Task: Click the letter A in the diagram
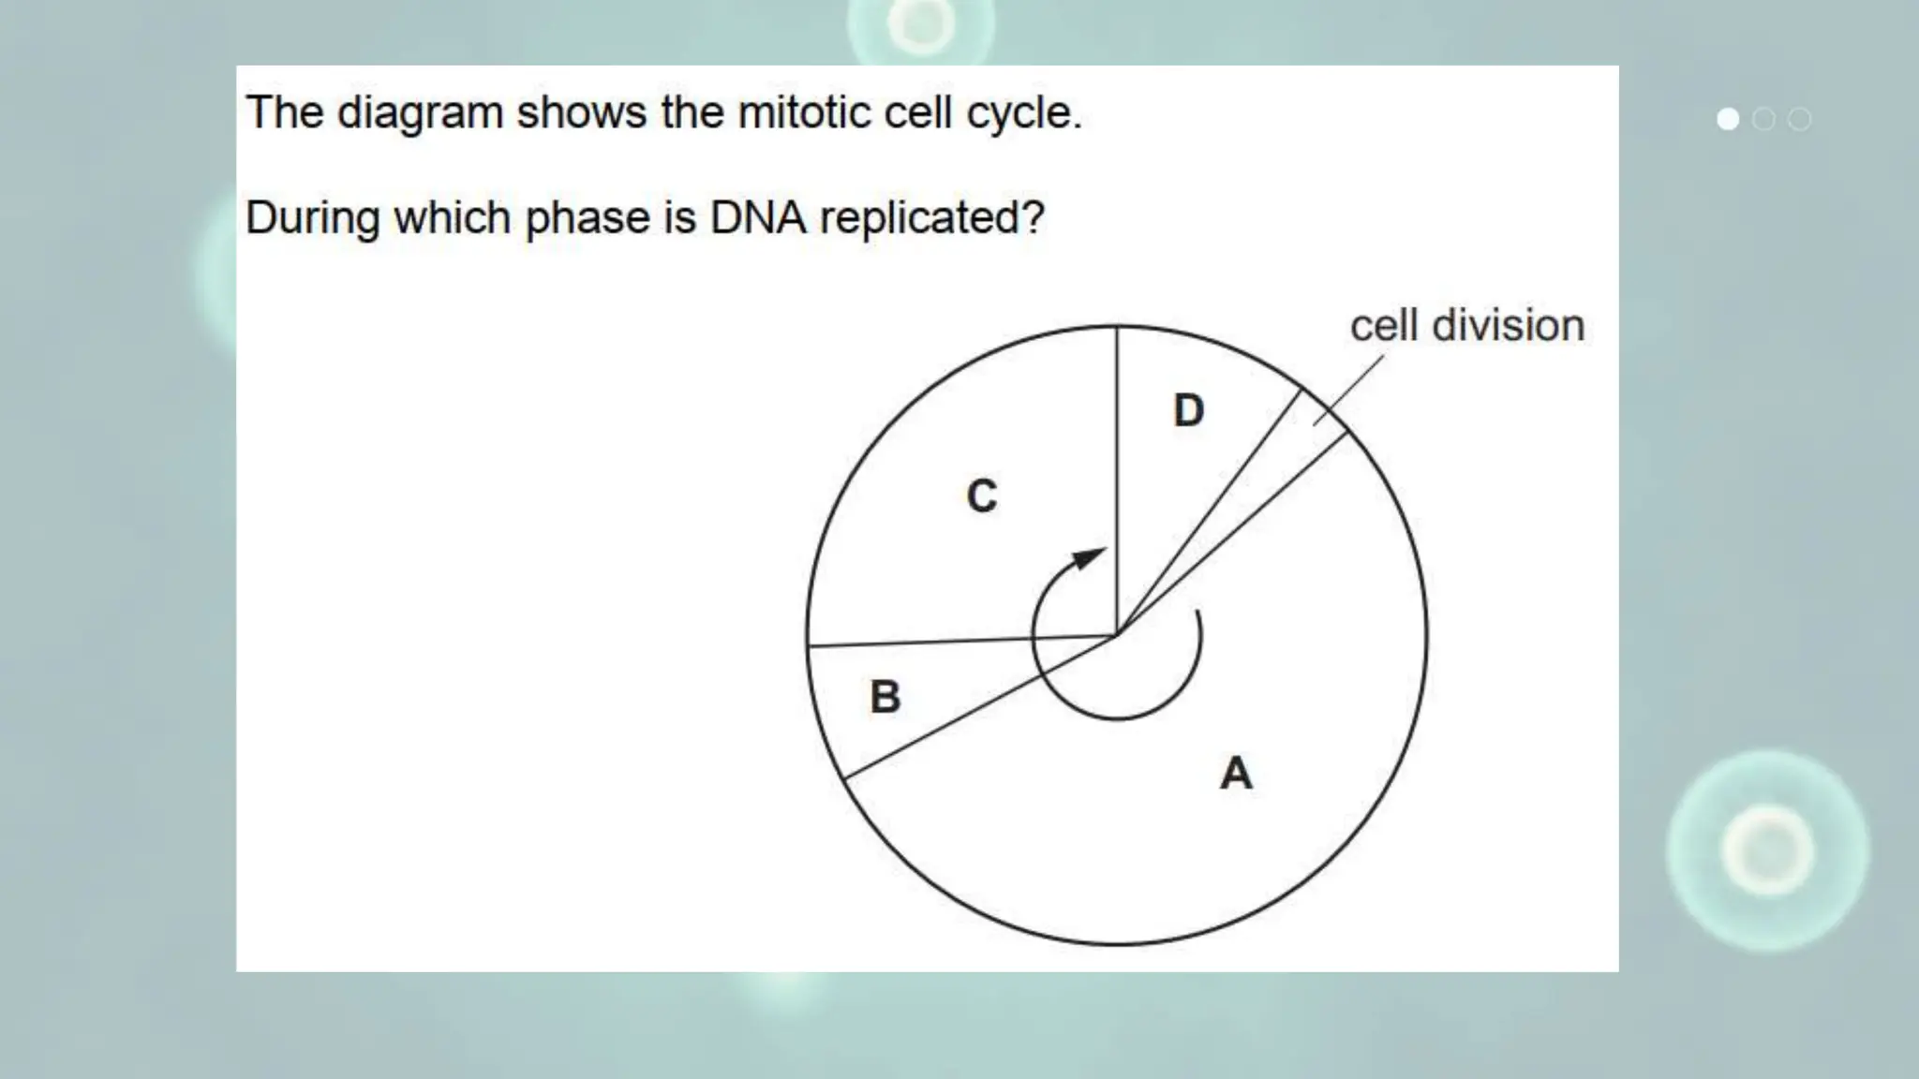1236,774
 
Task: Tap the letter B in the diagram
885,697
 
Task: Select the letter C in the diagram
982,496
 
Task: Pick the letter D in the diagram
1189,410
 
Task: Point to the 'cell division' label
1466,326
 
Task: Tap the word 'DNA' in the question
758,217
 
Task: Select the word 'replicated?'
931,217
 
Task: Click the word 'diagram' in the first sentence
420,112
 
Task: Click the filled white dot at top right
1728,119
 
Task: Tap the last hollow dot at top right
1799,119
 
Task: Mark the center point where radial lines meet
1117,635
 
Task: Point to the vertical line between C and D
1117,468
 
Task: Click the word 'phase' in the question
587,217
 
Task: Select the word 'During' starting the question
312,217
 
